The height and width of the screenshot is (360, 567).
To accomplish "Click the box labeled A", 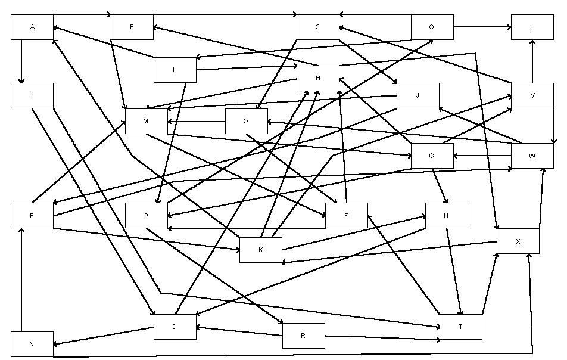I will coord(32,27).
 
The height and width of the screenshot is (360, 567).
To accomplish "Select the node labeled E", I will coord(132,27).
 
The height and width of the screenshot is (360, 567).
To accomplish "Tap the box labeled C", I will coord(318,27).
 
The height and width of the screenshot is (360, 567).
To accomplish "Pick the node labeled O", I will coord(432,27).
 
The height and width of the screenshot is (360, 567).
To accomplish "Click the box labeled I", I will coord(532,27).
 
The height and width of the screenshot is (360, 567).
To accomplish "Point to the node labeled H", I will coord(32,96).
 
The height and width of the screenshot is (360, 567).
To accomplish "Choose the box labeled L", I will coord(175,70).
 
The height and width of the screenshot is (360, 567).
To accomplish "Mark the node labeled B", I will coord(318,78).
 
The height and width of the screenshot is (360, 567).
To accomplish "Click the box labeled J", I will coord(418,95).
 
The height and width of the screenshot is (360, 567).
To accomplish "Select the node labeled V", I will coord(532,95).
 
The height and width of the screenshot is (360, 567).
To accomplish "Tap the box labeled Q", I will coord(246,121).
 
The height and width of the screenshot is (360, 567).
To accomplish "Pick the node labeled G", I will coord(432,156).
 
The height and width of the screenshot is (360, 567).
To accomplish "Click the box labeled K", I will coord(261,250).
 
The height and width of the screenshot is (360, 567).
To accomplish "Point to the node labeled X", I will coord(518,241).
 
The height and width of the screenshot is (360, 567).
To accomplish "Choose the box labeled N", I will coord(32,344).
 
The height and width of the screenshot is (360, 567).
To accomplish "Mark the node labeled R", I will coord(304,336).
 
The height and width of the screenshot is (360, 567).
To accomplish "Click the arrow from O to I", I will coord(482,27).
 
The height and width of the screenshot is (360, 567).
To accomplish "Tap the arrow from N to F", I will coord(21,280).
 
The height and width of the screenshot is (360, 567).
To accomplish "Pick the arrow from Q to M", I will coord(197,122).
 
